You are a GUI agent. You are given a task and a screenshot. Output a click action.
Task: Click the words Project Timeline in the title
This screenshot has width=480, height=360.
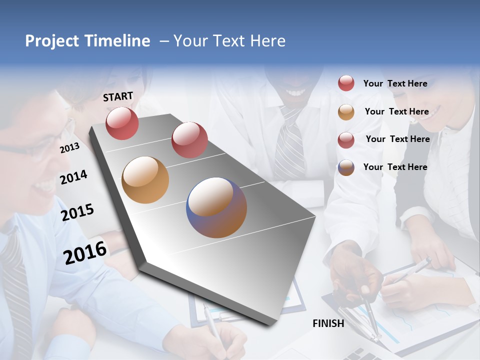[x=87, y=41]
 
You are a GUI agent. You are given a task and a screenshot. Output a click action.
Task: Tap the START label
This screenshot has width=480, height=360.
[x=118, y=96]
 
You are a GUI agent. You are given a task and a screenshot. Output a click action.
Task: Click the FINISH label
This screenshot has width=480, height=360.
[x=328, y=323]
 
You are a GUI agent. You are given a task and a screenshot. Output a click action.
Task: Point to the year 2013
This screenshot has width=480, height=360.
[x=69, y=147]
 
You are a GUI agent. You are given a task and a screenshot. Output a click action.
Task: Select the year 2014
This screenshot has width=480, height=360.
[x=73, y=177]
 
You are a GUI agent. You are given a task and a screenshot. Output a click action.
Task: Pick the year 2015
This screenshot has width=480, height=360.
[x=77, y=212]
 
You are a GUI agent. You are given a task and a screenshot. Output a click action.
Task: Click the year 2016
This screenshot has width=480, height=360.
[x=85, y=252]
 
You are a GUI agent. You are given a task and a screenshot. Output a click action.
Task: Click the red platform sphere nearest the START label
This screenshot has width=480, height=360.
[x=122, y=123]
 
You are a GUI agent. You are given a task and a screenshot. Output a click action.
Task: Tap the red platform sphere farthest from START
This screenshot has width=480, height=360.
[x=189, y=140]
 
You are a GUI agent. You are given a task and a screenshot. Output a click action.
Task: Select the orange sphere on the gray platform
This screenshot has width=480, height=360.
[x=145, y=180]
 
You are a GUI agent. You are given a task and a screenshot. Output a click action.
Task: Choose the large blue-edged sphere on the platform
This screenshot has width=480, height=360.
[x=216, y=207]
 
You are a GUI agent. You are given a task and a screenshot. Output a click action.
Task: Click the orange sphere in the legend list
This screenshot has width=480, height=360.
[x=346, y=112]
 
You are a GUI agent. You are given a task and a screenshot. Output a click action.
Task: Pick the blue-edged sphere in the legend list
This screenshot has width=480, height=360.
[x=346, y=167]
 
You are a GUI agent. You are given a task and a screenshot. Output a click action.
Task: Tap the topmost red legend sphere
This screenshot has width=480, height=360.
[x=346, y=83]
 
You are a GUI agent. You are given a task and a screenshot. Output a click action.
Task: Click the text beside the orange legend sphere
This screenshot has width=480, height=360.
[x=396, y=111]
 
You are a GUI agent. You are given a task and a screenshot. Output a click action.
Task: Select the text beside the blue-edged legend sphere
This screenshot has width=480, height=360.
[x=395, y=167]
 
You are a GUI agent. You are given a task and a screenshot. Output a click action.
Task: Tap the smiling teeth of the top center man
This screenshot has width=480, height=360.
[x=295, y=93]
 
